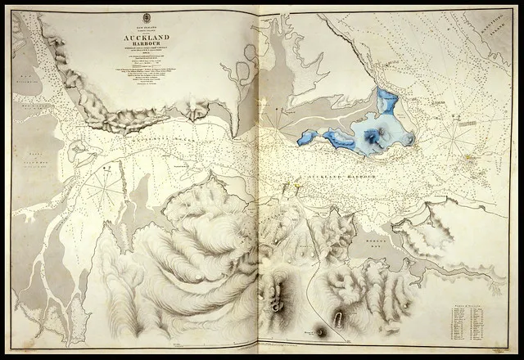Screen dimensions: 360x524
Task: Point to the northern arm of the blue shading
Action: click(387, 102)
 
